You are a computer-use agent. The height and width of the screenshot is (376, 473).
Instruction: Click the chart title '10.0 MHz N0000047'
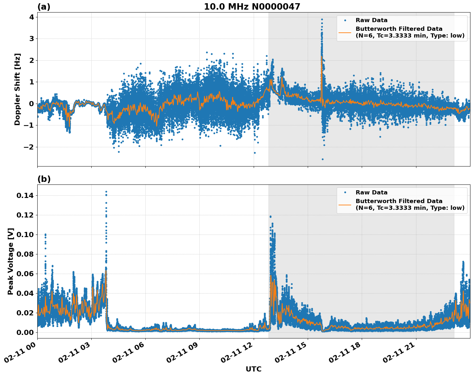coord(252,7)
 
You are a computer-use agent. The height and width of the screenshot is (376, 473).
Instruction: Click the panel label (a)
coord(44,7)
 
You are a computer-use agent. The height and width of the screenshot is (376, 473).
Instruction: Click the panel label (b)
coord(44,179)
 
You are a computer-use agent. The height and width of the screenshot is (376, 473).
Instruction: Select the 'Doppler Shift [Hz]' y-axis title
coord(17,89)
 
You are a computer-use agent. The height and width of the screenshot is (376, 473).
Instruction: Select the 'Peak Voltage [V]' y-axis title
coord(11,261)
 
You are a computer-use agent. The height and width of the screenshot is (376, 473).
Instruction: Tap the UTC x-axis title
coord(253,369)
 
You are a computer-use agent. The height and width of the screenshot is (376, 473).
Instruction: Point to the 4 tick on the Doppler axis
coord(32,17)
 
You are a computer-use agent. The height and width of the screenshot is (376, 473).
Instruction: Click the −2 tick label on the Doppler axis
coord(29,147)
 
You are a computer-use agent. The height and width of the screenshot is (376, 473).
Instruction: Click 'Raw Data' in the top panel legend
coord(371,20)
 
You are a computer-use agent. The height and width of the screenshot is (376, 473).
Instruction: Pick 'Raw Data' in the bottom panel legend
coord(371,192)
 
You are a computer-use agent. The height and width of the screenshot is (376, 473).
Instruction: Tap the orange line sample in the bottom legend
coord(345,204)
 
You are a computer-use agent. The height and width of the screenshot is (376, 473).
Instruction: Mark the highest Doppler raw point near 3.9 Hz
coord(322,19)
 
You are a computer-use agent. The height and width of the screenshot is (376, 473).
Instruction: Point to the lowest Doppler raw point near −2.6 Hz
coord(323,159)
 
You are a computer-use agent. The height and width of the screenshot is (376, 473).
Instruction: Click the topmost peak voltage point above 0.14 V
coord(106,192)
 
